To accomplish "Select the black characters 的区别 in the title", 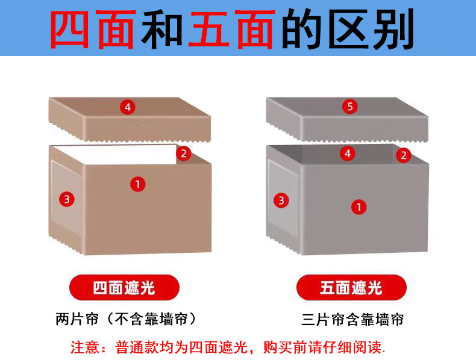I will point(348,28).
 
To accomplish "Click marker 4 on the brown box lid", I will point(127,108).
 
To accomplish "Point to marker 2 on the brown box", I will point(184,154).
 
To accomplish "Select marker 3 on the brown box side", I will point(67,199).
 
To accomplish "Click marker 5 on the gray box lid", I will point(351,107).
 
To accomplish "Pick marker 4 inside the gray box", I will point(346,154).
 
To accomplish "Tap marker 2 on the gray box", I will point(403,155).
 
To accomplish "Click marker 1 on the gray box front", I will point(359,207).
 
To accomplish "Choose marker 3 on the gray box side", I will point(281,200).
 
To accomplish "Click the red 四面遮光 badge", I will point(124,288).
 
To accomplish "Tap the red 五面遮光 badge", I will point(351,288).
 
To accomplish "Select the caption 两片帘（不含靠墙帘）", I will point(125,318).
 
